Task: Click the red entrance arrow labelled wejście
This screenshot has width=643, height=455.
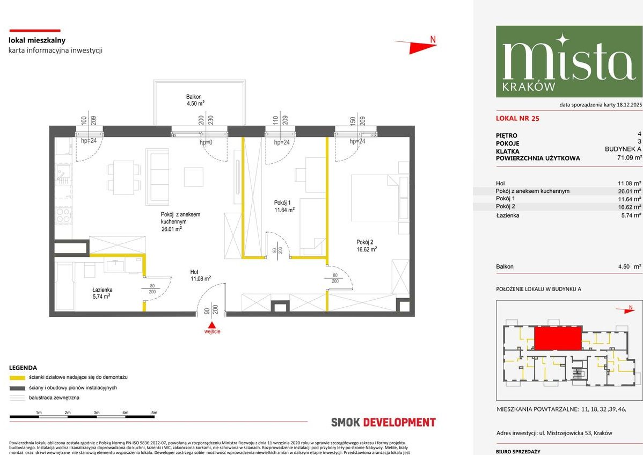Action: coord(213,325)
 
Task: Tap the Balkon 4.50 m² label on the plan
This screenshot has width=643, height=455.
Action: coord(194,100)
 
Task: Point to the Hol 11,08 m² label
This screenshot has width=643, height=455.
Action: coord(201,275)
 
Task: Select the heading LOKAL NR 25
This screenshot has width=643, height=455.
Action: coord(518,119)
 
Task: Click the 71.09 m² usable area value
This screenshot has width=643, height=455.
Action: coord(629,158)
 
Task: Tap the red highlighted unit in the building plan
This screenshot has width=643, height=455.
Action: coord(558,338)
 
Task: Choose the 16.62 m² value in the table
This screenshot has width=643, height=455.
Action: coord(630,207)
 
